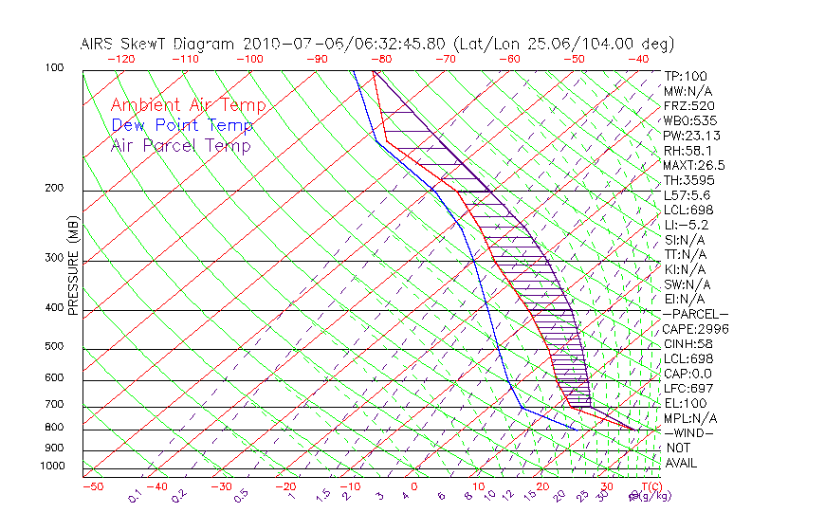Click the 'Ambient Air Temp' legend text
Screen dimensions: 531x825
(x=188, y=105)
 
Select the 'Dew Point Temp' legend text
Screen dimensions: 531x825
(x=182, y=125)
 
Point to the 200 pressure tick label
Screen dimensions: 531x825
(x=53, y=189)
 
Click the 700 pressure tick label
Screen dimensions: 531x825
(x=53, y=406)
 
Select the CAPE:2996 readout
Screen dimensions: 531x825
(x=696, y=329)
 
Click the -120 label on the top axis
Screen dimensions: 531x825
(x=120, y=59)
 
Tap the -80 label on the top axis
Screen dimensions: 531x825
(x=382, y=59)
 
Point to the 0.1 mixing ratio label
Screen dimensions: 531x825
(x=136, y=494)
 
